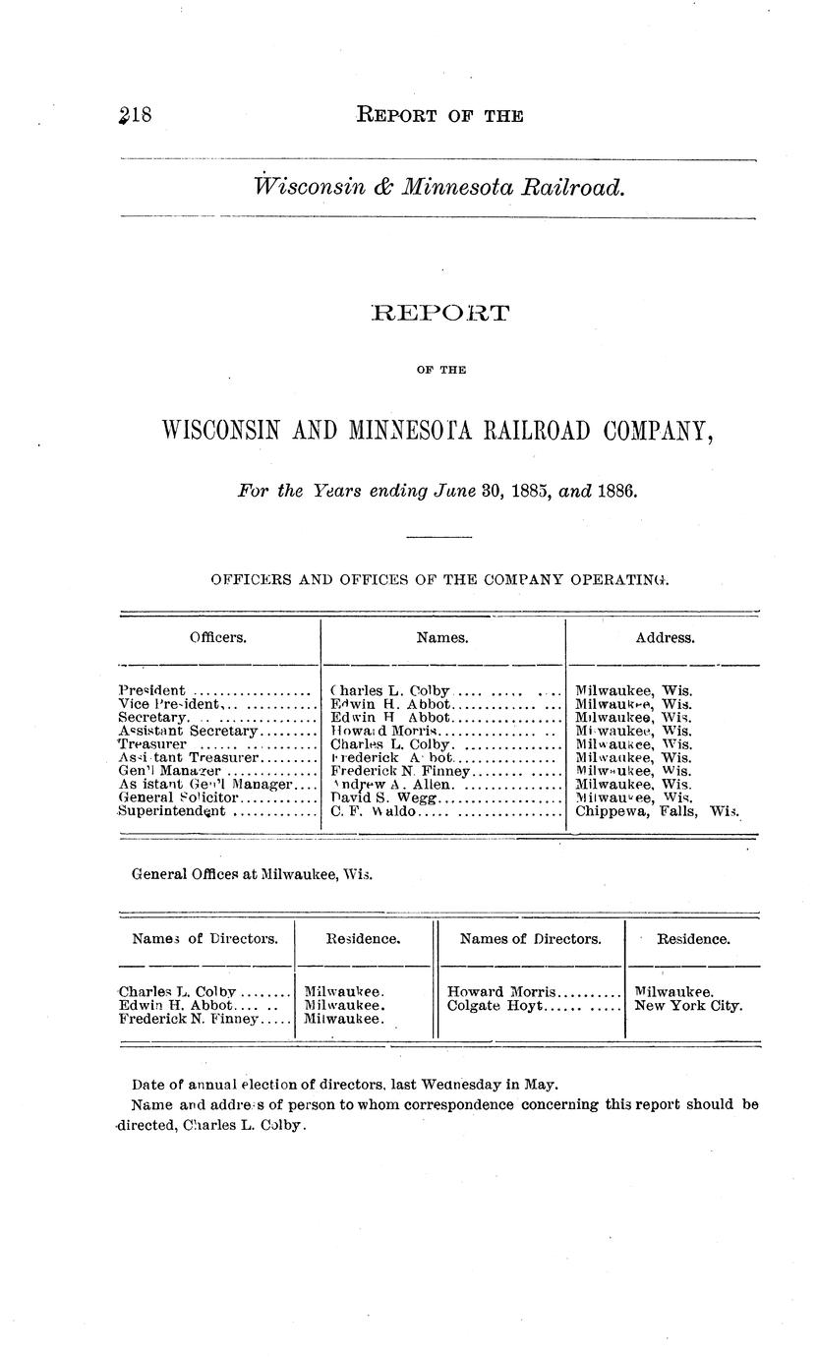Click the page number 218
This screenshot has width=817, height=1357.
134,115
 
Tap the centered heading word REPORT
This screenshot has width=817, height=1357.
440,314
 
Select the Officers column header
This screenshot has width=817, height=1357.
218,637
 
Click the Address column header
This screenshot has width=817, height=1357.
665,637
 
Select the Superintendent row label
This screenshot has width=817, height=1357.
171,811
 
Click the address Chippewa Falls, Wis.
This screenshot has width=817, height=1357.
656,811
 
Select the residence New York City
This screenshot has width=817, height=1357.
688,1006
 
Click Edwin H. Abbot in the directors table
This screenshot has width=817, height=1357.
176,1006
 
